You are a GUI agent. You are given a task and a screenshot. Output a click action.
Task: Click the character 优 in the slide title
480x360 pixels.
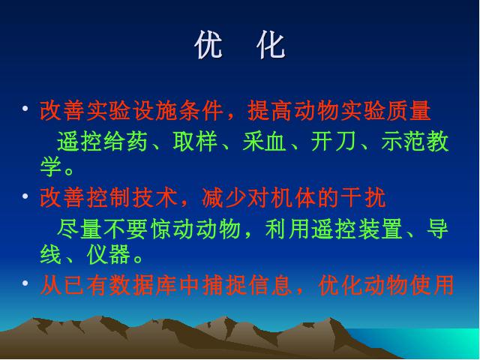(x=208, y=45)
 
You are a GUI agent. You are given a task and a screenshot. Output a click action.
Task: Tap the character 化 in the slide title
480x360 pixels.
(x=271, y=45)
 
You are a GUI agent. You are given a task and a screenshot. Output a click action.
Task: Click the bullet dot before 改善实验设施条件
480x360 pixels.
(x=25, y=108)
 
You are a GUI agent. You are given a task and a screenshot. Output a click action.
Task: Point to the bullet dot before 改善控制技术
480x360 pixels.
(x=25, y=196)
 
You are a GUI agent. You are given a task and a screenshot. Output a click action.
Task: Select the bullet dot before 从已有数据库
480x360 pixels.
(x=25, y=283)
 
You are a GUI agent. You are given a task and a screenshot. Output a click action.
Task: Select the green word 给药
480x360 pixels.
(x=126, y=142)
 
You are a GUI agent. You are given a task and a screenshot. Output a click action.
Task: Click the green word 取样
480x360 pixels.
(x=195, y=142)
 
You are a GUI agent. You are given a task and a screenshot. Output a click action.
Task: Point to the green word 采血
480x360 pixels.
(x=265, y=142)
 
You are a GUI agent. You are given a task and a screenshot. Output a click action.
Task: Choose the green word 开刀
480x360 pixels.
(x=334, y=142)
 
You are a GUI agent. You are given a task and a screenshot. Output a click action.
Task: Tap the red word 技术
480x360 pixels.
(x=155, y=197)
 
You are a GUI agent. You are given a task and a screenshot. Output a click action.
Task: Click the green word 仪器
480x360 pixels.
(x=109, y=254)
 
